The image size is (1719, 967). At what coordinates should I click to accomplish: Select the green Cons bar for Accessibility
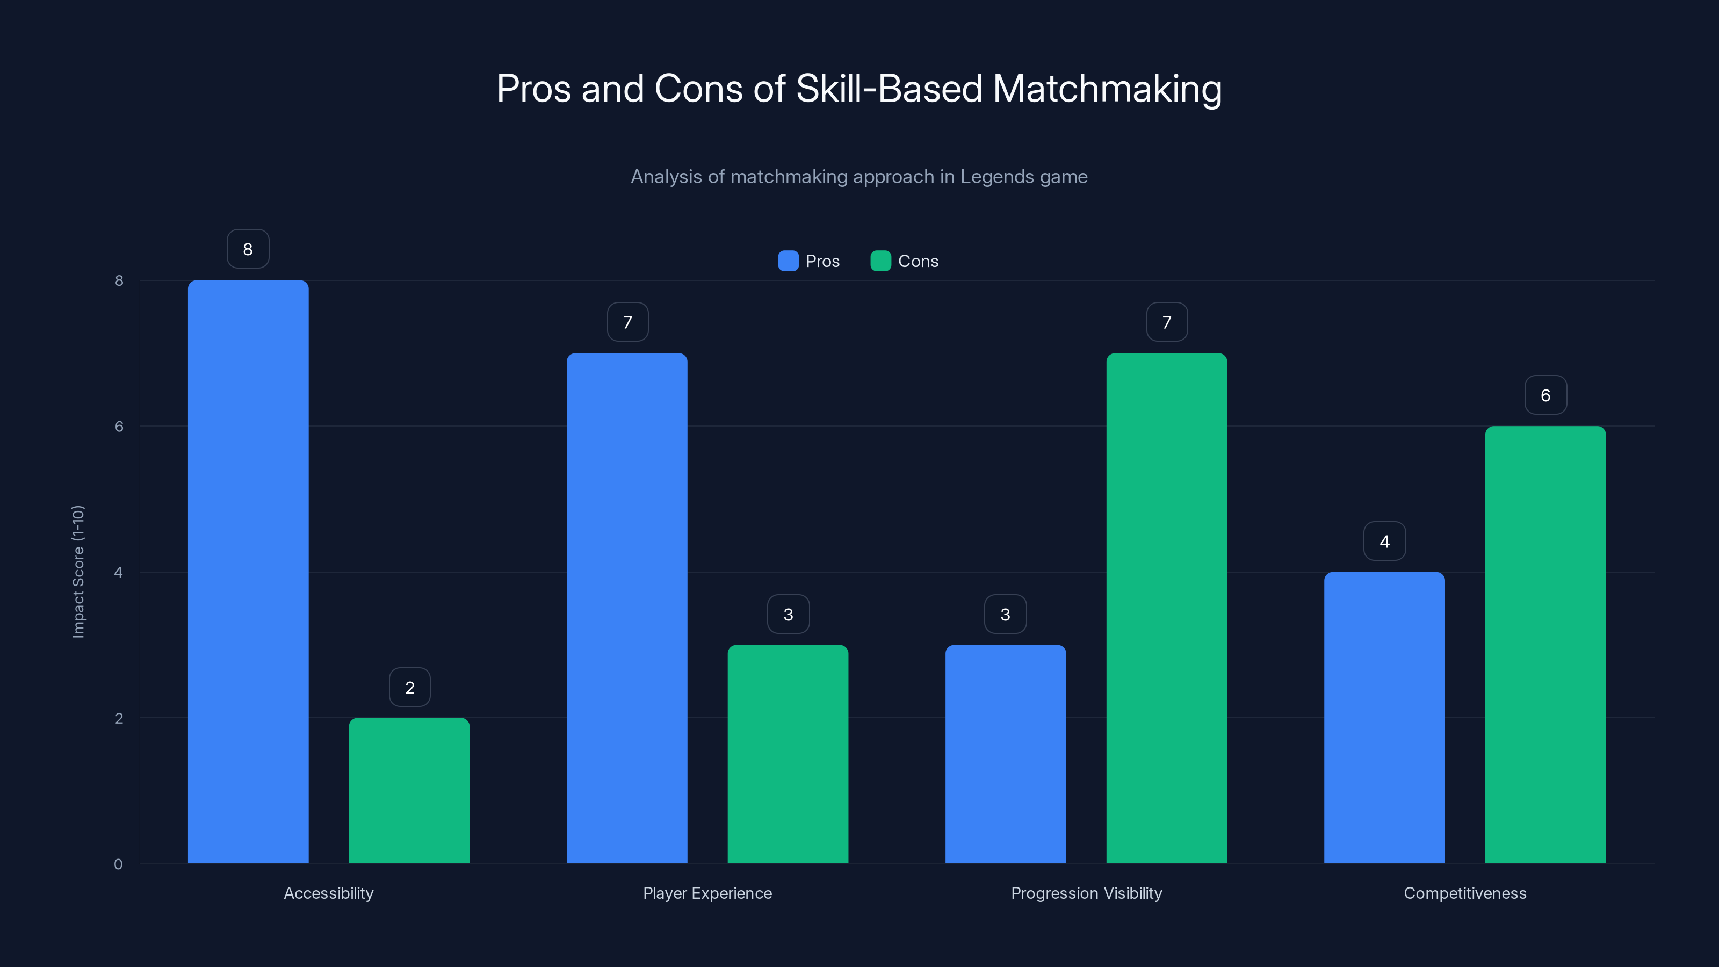(x=409, y=790)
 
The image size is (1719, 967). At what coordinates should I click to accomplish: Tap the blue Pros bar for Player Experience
(x=626, y=608)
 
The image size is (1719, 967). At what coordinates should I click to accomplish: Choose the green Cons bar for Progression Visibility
(x=1166, y=608)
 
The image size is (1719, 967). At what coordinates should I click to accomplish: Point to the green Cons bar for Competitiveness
(x=1545, y=645)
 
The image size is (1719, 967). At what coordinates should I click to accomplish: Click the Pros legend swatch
(x=788, y=261)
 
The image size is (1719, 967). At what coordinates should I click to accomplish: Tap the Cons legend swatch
(x=880, y=261)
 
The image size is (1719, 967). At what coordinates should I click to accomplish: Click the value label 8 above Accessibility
(x=248, y=249)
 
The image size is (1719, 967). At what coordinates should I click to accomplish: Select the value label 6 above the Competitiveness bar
(x=1545, y=395)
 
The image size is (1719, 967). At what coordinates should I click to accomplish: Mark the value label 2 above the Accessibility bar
(x=410, y=688)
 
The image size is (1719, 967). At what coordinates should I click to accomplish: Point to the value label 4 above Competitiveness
(x=1385, y=541)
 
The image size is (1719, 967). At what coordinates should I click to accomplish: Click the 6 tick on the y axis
(x=119, y=427)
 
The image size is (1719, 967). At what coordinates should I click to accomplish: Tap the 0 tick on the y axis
(x=118, y=864)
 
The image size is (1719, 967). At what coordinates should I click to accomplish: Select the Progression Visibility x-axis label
(x=1086, y=893)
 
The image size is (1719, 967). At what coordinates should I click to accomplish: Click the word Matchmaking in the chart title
(x=1107, y=89)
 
